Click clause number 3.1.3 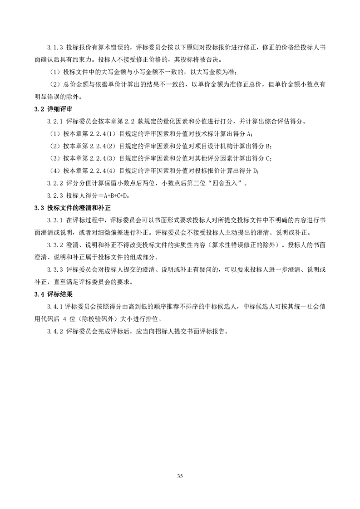[55, 47]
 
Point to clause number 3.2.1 [55, 122]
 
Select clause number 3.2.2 [55, 183]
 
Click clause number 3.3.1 [55, 220]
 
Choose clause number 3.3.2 [55, 245]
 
